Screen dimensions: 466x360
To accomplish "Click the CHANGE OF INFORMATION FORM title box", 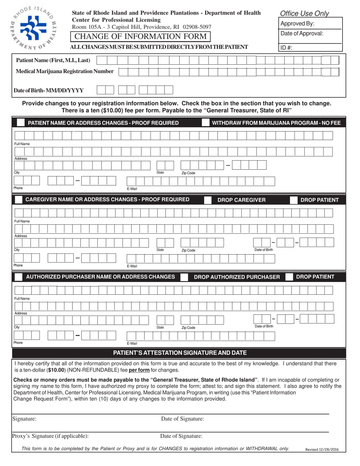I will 141,36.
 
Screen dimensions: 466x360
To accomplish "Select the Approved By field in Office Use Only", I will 310,23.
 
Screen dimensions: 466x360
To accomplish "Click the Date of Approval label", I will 302,34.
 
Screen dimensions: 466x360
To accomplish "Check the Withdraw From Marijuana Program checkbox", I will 205,123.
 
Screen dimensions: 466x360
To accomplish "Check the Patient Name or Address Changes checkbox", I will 21,123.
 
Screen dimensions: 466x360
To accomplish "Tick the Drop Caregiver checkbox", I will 208,200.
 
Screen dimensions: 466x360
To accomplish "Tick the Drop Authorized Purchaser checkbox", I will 185,277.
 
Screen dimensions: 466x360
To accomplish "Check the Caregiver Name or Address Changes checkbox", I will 18,200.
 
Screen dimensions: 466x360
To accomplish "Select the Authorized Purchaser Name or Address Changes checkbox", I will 18,277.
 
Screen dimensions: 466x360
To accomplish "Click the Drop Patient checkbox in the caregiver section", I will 293,200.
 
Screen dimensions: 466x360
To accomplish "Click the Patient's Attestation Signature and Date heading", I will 180,353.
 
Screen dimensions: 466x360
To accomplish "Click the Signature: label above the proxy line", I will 25,419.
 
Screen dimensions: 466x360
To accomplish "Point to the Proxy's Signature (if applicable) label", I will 51,436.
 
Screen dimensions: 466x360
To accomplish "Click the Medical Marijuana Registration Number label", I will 65,71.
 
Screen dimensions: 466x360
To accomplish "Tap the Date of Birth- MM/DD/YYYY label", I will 49,91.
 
